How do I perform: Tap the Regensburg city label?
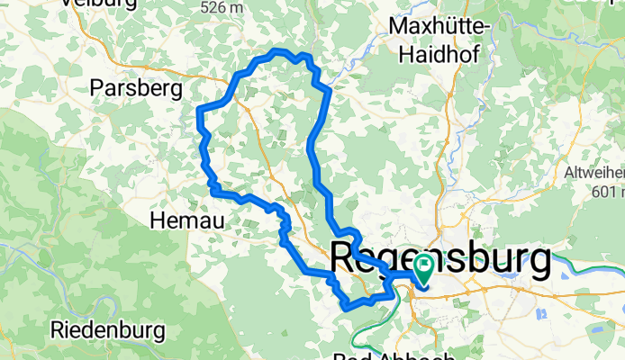tap(441, 260)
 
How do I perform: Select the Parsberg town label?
tap(137, 88)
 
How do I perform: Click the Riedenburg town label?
tap(108, 330)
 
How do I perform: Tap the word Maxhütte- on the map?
tap(440, 29)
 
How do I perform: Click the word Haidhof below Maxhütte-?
tap(439, 54)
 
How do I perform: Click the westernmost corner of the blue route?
tap(198, 112)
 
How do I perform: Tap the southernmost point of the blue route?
tap(346, 309)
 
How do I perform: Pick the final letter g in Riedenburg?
tap(159, 332)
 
